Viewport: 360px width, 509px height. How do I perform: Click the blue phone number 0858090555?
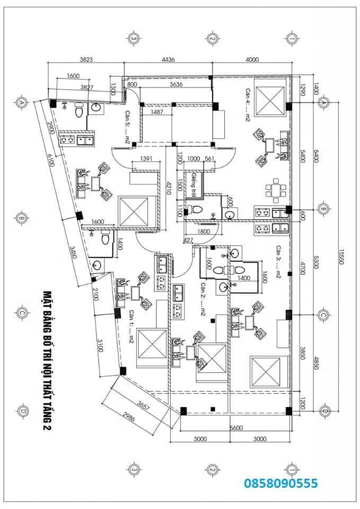(x=280, y=483)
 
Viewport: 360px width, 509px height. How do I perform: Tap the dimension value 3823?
(x=86, y=59)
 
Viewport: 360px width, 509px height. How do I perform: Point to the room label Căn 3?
(x=277, y=262)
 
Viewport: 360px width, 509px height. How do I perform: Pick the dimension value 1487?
(x=156, y=112)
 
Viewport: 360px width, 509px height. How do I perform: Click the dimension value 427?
(x=188, y=240)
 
